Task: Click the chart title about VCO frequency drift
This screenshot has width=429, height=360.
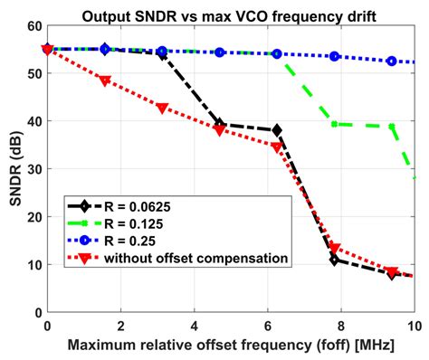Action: click(x=229, y=16)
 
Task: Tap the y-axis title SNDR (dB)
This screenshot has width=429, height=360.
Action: click(x=16, y=168)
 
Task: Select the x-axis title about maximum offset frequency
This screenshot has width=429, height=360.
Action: click(x=231, y=346)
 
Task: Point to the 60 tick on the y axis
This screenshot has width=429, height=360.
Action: click(x=34, y=26)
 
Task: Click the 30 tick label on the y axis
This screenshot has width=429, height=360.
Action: click(x=34, y=169)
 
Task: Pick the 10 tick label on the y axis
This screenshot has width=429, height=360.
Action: click(x=34, y=265)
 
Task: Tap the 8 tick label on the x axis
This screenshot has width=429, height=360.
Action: click(x=341, y=326)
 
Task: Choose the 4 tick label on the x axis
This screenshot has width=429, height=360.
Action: click(x=195, y=326)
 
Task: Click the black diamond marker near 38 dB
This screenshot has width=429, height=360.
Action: click(x=277, y=130)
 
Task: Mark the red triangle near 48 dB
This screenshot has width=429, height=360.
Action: click(x=105, y=81)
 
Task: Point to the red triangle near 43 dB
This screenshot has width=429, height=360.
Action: click(x=162, y=108)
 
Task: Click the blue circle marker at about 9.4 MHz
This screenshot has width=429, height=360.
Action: click(x=392, y=62)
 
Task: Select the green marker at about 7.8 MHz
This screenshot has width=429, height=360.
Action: click(x=334, y=124)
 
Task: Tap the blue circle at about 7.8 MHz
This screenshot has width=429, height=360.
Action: click(x=334, y=56)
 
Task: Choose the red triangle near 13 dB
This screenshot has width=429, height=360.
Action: click(x=334, y=249)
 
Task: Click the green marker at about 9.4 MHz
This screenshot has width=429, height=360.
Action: click(x=392, y=127)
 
